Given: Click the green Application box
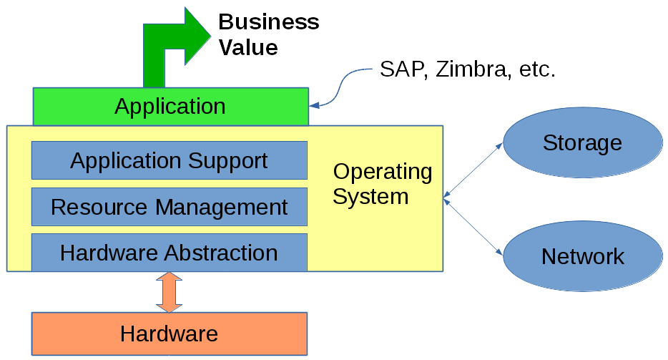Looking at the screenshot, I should pyautogui.click(x=170, y=107).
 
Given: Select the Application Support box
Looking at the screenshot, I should pyautogui.click(x=170, y=160).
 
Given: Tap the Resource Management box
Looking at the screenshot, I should pyautogui.click(x=170, y=207).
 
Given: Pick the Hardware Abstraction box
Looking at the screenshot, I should pyautogui.click(x=170, y=253).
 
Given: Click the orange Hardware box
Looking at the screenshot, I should pyautogui.click(x=170, y=334).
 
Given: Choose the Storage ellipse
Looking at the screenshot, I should pyautogui.click(x=582, y=143).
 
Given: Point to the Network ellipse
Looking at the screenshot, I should pyautogui.click(x=582, y=256).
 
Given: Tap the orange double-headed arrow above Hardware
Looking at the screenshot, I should pyautogui.click(x=170, y=292).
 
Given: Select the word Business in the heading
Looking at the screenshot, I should pyautogui.click(x=268, y=21).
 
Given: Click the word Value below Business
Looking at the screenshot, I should pyautogui.click(x=247, y=47).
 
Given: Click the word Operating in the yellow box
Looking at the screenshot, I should pyautogui.click(x=383, y=172).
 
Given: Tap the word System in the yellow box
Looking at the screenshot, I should pyautogui.click(x=370, y=196).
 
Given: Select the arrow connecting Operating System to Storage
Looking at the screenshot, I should pyautogui.click(x=473, y=170).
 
